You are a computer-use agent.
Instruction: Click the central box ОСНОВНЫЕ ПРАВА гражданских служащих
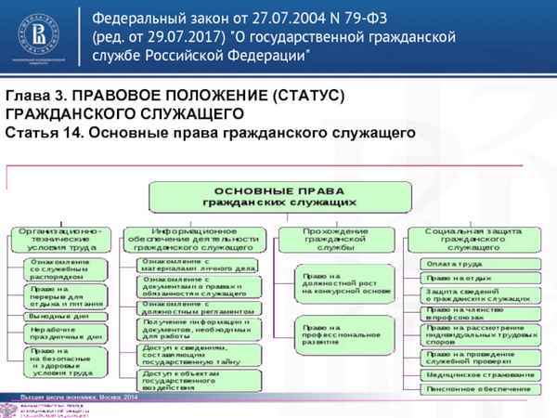[279, 196]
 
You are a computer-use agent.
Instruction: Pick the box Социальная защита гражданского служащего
[473, 239]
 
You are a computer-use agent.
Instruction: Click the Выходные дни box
[60, 316]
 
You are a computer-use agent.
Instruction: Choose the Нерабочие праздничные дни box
[60, 333]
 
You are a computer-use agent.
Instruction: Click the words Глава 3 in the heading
[34, 97]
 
